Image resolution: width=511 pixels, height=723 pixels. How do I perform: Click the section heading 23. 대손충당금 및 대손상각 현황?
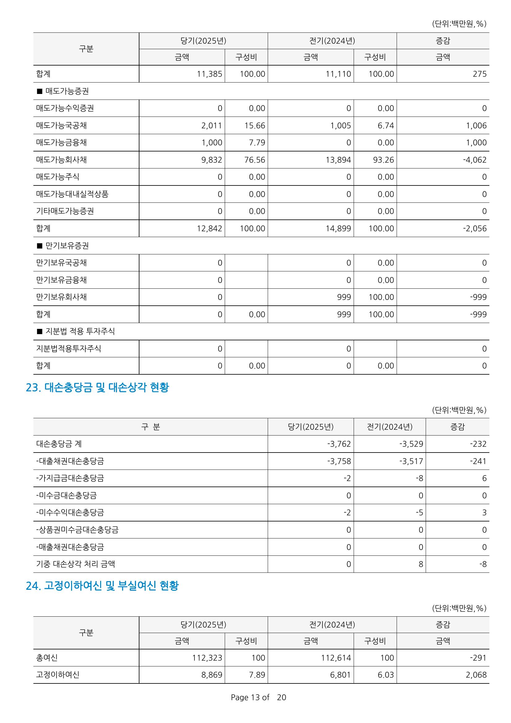[97, 387]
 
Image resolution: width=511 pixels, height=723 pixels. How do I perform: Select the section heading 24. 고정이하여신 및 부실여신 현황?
[102, 586]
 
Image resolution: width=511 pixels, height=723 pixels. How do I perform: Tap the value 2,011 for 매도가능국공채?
[211, 125]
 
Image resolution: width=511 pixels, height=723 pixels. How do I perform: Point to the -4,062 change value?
[475, 160]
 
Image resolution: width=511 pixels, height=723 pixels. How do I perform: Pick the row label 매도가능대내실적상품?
[72, 194]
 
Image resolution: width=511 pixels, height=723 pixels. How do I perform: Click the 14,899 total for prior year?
[338, 229]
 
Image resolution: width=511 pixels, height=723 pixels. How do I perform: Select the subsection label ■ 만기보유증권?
[63, 246]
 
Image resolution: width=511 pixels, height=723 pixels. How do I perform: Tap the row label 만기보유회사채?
[62, 297]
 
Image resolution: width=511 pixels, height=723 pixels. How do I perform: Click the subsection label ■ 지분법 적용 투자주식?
[75, 331]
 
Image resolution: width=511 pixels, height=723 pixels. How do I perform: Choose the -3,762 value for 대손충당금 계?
[339, 444]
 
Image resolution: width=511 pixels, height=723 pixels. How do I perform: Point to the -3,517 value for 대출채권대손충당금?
[411, 461]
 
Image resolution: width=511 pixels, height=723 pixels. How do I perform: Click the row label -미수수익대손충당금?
[70, 512]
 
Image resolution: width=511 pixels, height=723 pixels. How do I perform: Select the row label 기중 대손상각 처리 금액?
[75, 564]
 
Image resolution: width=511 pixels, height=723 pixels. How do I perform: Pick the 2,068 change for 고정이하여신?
[476, 675]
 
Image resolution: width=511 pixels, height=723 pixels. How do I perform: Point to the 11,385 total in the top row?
[209, 74]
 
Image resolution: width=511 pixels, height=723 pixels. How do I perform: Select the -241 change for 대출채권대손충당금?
[478, 461]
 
